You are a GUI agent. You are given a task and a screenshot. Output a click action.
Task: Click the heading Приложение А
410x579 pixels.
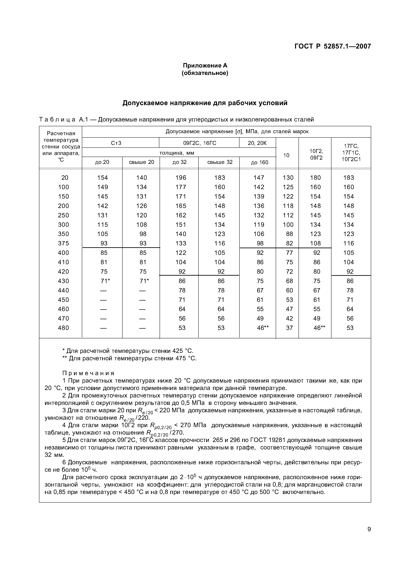tap(205, 66)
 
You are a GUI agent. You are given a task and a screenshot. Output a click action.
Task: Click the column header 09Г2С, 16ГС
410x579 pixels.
tap(199, 143)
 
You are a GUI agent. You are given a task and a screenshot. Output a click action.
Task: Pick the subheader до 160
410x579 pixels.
tap(259, 162)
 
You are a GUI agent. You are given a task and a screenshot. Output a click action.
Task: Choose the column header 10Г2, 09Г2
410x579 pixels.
tap(316, 154)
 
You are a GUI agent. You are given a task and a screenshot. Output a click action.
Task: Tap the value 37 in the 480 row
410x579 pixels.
tap(289, 328)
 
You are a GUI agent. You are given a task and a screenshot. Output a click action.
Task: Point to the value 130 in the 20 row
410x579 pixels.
tap(288, 178)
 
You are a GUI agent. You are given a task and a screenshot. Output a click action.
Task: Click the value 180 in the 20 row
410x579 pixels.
tap(315, 178)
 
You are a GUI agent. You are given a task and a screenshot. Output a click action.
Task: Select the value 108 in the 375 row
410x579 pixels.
tap(315, 243)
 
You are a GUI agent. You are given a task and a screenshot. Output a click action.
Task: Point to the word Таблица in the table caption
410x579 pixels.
tap(57, 119)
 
